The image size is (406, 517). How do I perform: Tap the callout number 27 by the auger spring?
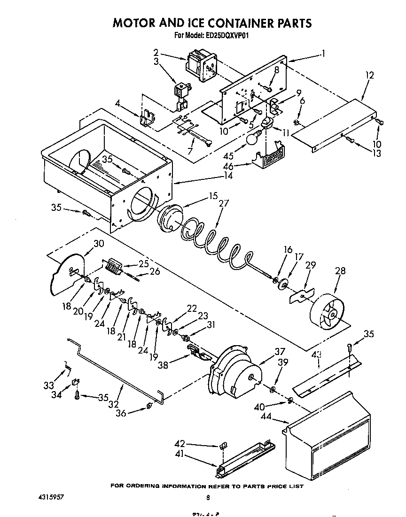[223, 203]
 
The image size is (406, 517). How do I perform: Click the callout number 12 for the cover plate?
[369, 75]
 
